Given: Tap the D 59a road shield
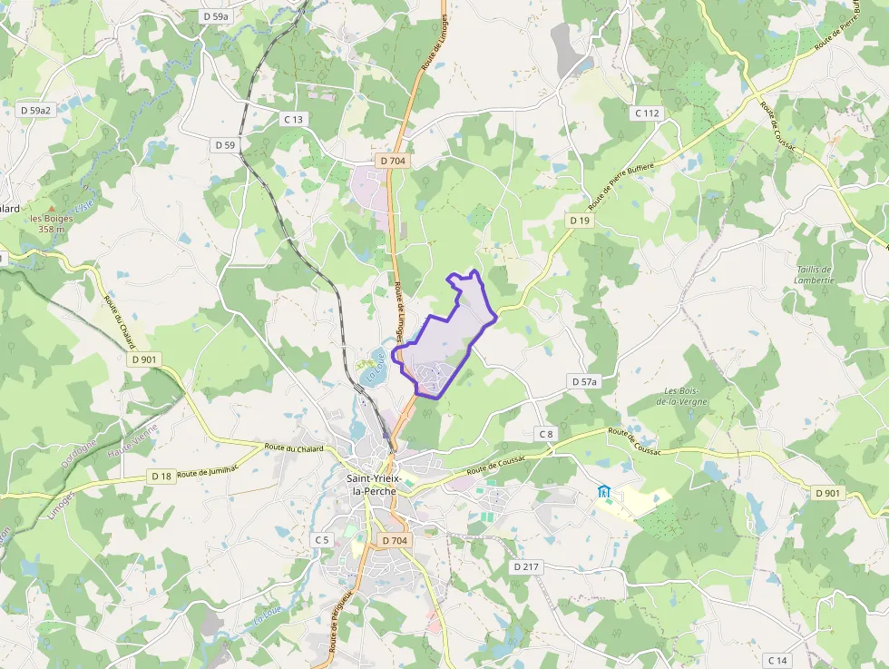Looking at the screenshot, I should click(x=217, y=16).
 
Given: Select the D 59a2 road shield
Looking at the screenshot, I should click(x=36, y=110).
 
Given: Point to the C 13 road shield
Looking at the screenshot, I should click(x=293, y=119).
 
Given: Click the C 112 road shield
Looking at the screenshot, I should click(x=647, y=113).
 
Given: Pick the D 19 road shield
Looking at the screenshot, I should click(x=580, y=221).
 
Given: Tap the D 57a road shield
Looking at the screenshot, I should click(x=585, y=382).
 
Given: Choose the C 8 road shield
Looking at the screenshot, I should click(x=545, y=434).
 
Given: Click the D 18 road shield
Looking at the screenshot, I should click(x=161, y=476).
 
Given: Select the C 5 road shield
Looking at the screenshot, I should click(x=322, y=539).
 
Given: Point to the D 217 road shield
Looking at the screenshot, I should click(x=526, y=566).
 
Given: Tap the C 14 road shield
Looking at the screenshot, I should click(x=777, y=660).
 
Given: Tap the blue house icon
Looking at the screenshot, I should click(x=604, y=492).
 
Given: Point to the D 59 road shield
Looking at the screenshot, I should click(x=225, y=145).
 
